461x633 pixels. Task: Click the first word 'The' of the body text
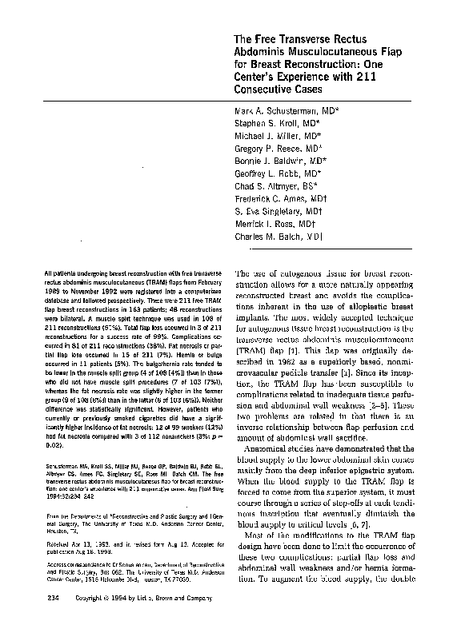coord(243,273)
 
